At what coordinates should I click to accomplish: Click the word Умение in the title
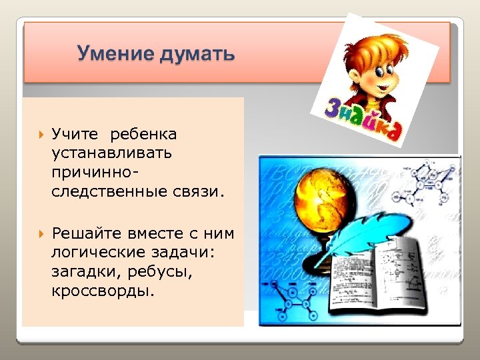click(113, 53)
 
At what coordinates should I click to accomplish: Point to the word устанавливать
click(111, 153)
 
